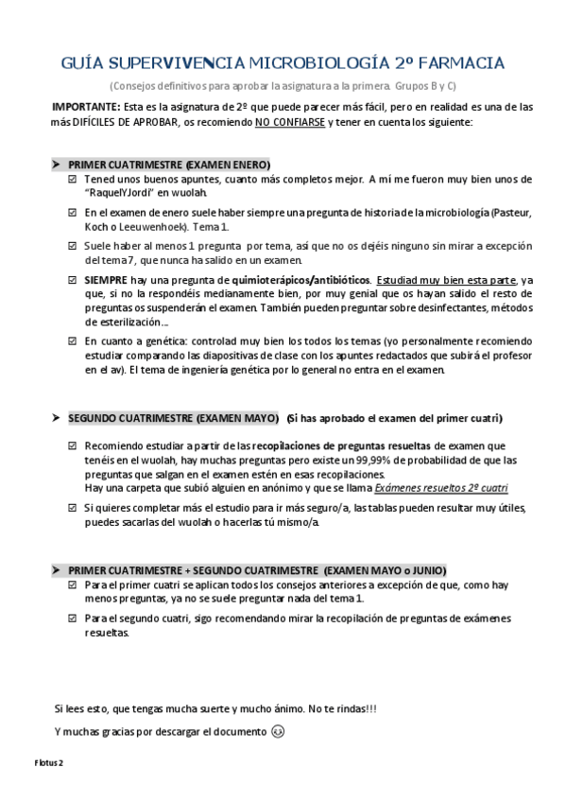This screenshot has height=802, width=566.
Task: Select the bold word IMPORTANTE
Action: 85,107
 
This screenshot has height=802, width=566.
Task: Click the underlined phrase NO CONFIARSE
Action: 289,122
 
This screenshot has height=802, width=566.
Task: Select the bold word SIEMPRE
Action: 106,281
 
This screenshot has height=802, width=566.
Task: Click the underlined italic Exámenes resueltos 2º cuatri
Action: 440,488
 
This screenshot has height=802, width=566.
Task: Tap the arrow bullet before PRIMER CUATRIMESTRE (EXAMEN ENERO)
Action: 57,164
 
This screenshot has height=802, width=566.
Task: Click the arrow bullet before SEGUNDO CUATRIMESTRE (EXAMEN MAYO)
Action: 57,417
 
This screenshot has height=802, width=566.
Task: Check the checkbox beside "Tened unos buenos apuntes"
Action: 72,179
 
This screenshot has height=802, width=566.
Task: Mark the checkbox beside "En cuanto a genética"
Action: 72,340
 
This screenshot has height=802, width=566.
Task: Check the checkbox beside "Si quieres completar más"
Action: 72,508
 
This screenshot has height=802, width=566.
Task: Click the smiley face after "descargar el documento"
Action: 277,731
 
